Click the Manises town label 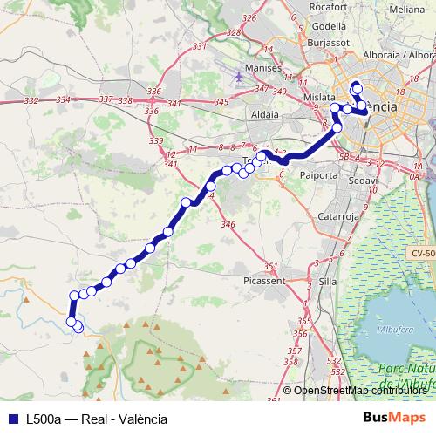click(265, 67)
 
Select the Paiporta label click(318, 174)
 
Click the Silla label click(328, 282)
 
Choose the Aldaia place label click(264, 114)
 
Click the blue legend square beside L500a click(11, 419)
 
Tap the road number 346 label click(228, 225)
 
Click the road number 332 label click(31, 101)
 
